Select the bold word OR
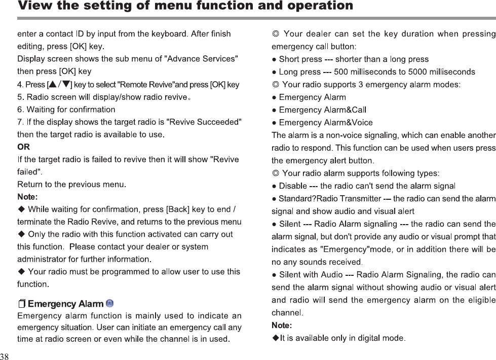pyautogui.click(x=23, y=147)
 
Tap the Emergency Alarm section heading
pyautogui.click(x=65, y=304)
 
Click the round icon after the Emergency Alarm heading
pyautogui.click(x=110, y=303)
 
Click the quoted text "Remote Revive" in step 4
pyautogui.click(x=145, y=85)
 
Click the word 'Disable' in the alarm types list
pyautogui.click(x=293, y=186)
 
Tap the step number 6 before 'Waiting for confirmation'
pyautogui.click(x=20, y=110)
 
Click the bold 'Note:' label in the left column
pyautogui.click(x=27, y=197)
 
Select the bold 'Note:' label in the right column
pyautogui.click(x=282, y=325)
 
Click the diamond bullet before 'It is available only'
pyautogui.click(x=276, y=338)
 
